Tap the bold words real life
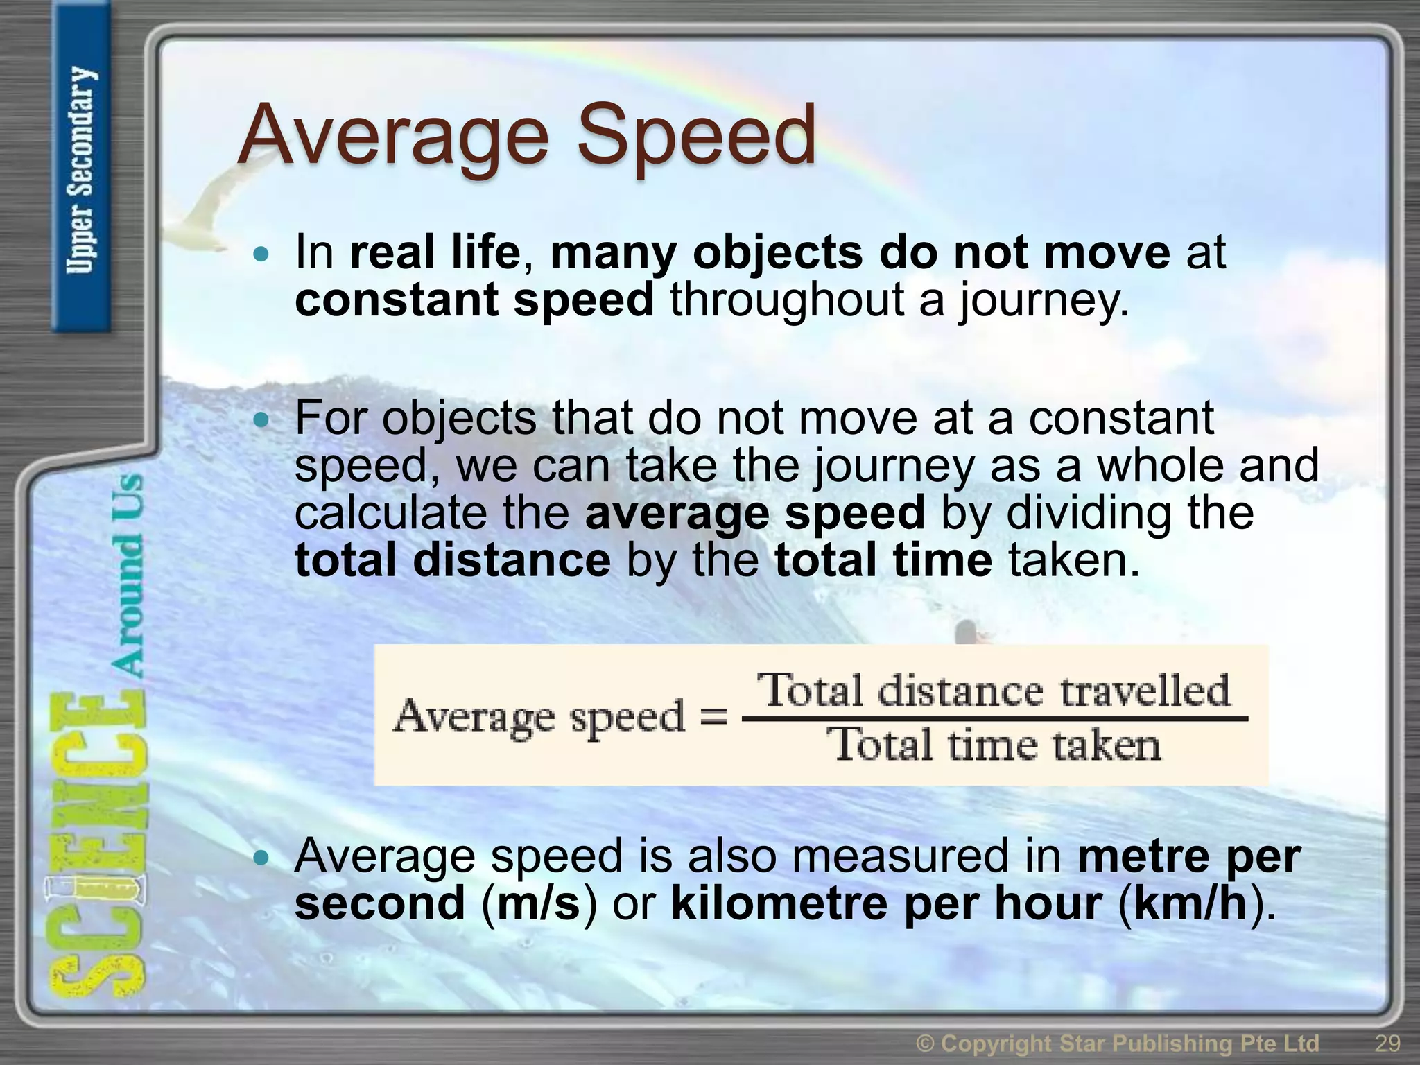tap(435, 252)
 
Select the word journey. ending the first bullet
tap(1044, 301)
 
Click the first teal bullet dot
tap(261, 254)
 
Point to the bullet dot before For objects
tap(261, 420)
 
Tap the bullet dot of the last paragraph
tap(261, 858)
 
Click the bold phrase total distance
tap(453, 560)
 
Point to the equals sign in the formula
tap(713, 717)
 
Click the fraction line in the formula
tap(995, 719)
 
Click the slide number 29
tap(1387, 1043)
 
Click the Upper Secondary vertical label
tap(80, 170)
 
